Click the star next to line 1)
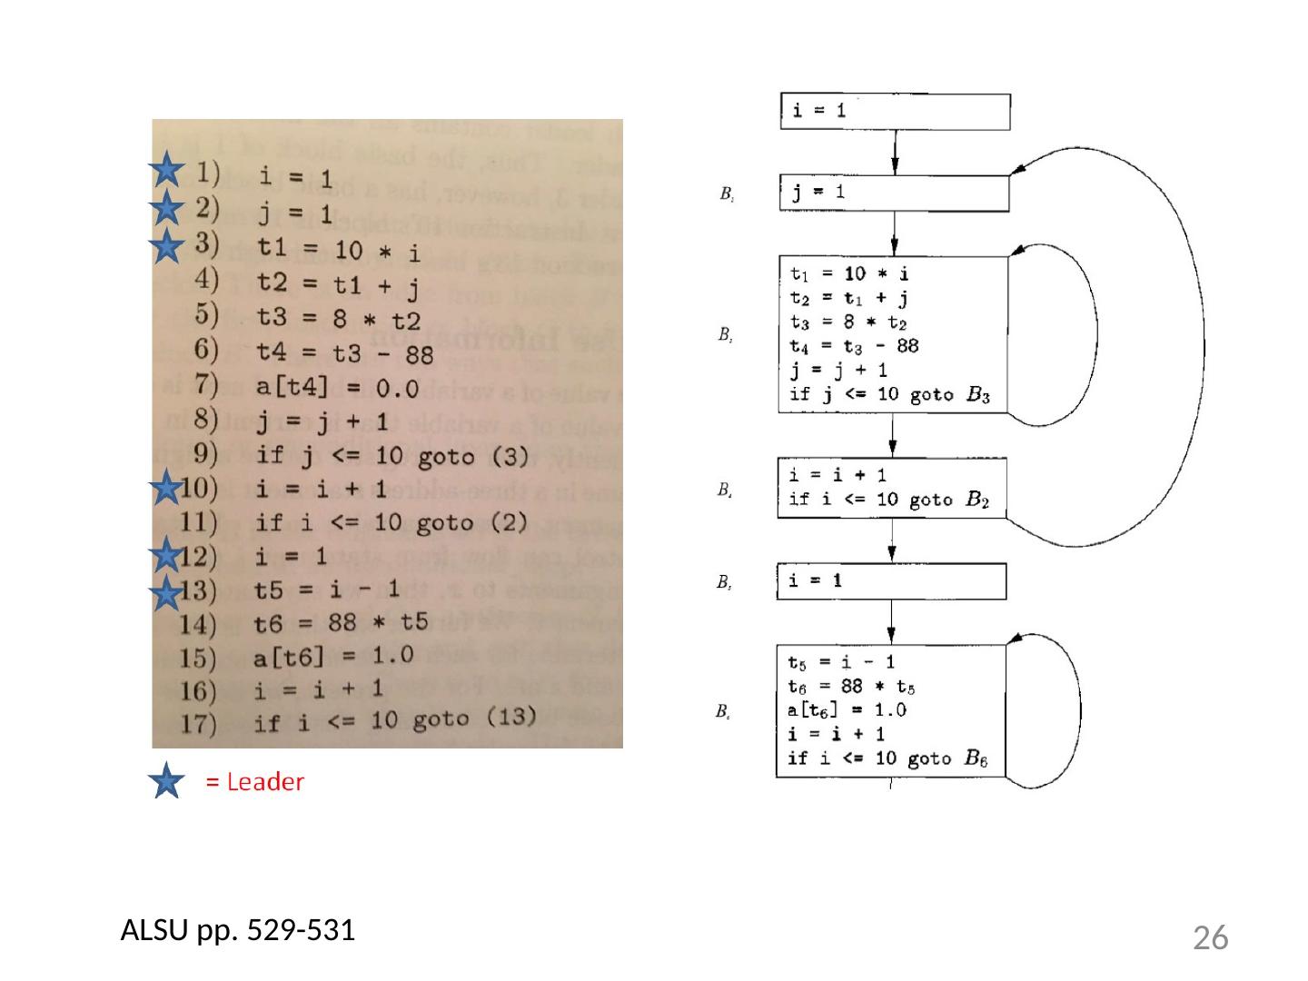[x=166, y=170]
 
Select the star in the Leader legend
[x=166, y=782]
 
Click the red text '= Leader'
[x=255, y=782]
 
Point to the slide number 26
[x=1210, y=937]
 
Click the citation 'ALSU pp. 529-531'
[x=238, y=930]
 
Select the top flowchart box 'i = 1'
[x=895, y=111]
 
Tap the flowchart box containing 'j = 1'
[x=895, y=193]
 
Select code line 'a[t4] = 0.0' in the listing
[x=337, y=388]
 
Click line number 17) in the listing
[x=197, y=725]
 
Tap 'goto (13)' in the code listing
[x=474, y=719]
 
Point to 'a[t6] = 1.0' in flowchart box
[x=847, y=710]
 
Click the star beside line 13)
[x=166, y=595]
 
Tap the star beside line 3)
[x=166, y=246]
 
